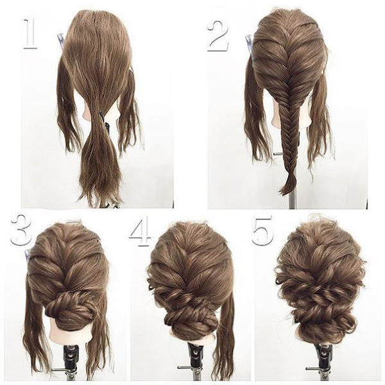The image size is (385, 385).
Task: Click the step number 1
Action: click(x=30, y=33)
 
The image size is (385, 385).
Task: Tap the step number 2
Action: click(x=218, y=36)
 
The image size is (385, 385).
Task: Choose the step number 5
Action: click(x=262, y=230)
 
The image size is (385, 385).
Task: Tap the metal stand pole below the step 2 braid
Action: click(x=292, y=199)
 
